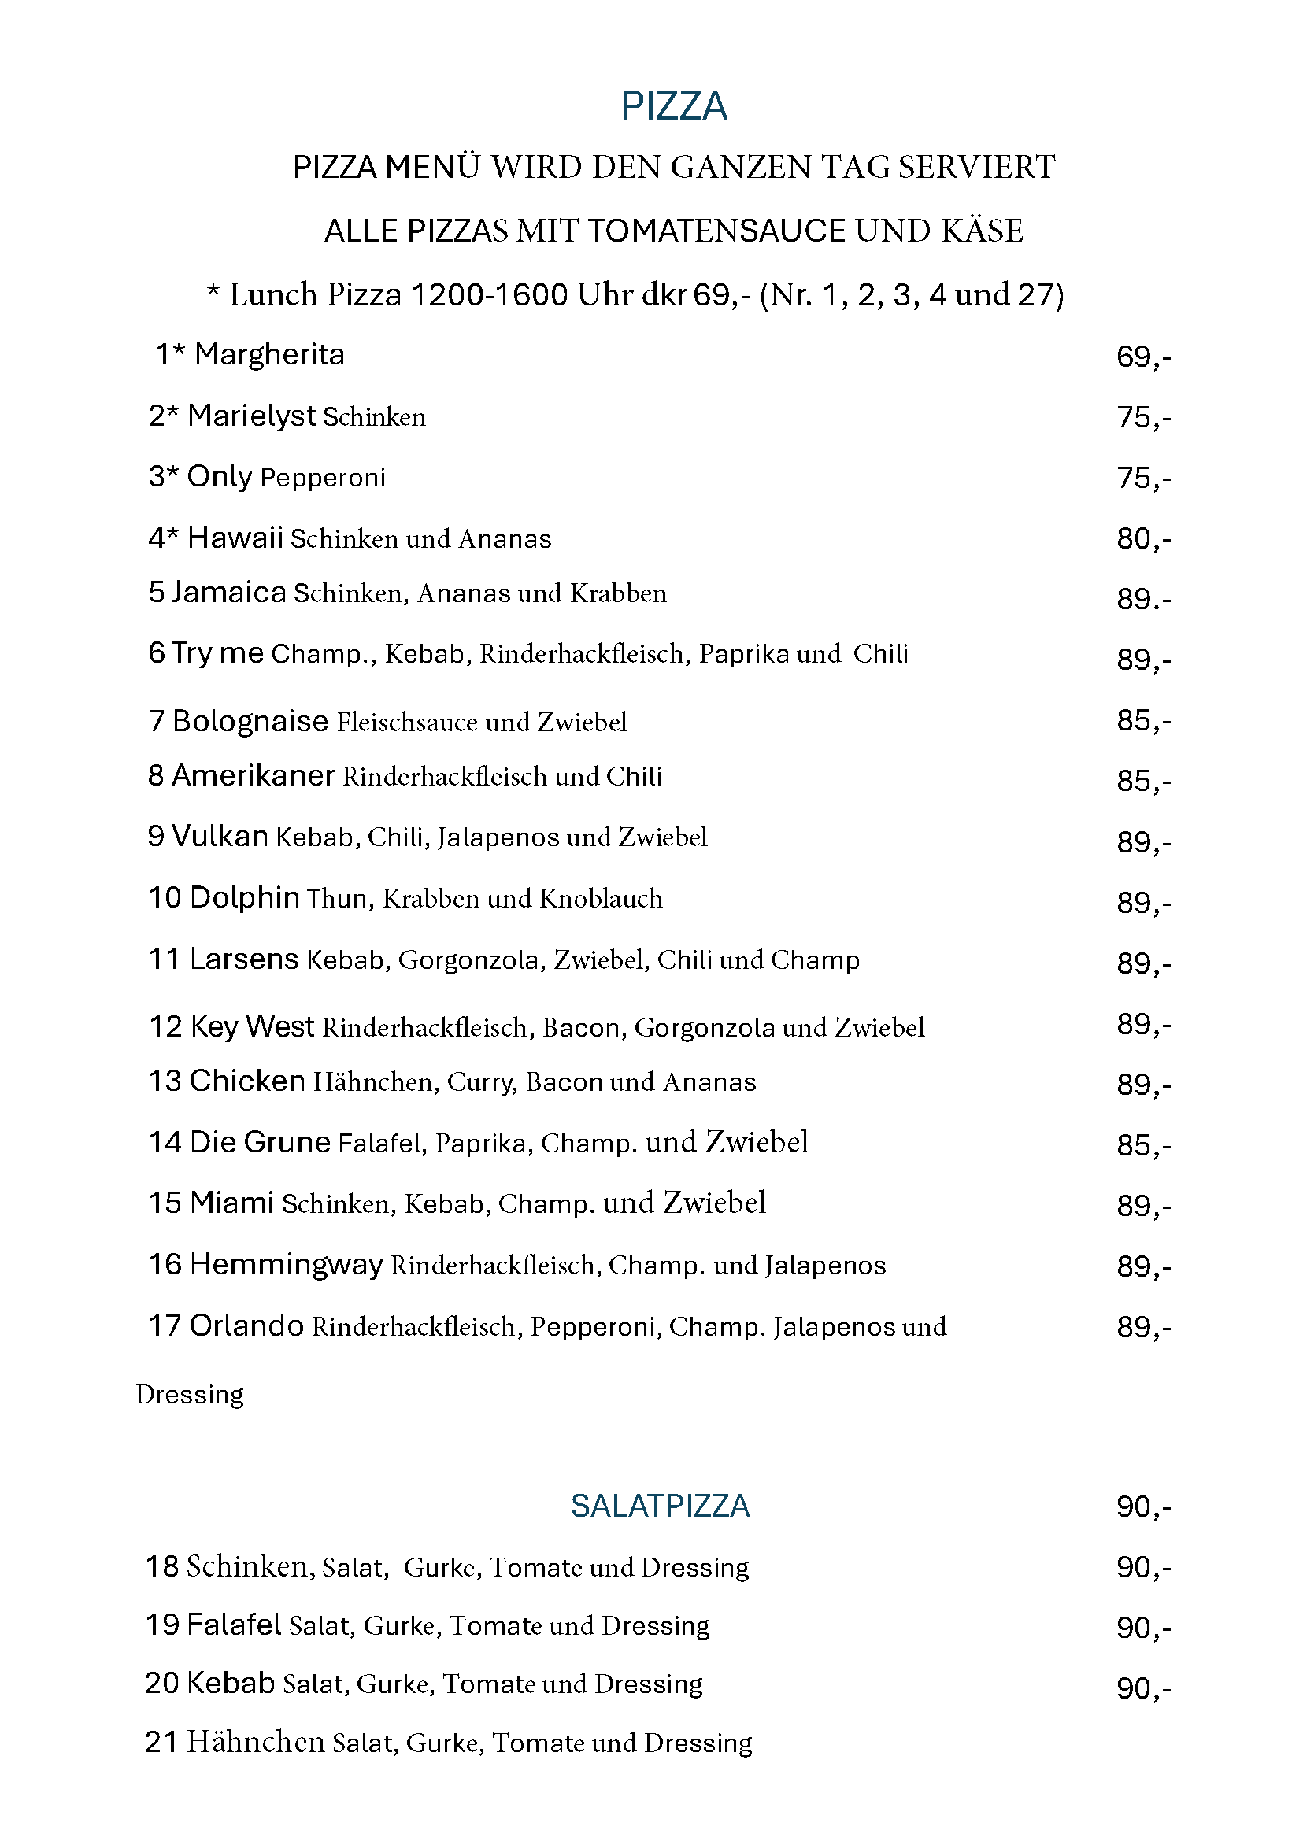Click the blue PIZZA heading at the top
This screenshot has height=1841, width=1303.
673,106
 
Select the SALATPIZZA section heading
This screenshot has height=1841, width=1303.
660,1506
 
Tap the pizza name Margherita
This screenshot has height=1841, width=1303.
268,354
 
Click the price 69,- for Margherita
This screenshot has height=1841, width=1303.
1142,357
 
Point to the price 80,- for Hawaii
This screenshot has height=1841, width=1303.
1142,539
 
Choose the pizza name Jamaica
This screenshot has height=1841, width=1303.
228,593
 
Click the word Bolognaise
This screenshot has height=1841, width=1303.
250,721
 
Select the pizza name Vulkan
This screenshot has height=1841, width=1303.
220,837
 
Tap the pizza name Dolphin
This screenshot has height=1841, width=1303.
245,897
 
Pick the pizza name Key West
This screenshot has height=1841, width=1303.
252,1027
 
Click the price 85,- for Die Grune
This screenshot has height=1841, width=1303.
1142,1145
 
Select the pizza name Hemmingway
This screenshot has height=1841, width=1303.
287,1265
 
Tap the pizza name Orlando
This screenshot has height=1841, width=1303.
246,1326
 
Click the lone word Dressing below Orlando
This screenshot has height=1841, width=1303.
190,1394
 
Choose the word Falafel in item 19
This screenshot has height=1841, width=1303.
234,1625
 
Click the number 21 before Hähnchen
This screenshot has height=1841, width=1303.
161,1743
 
